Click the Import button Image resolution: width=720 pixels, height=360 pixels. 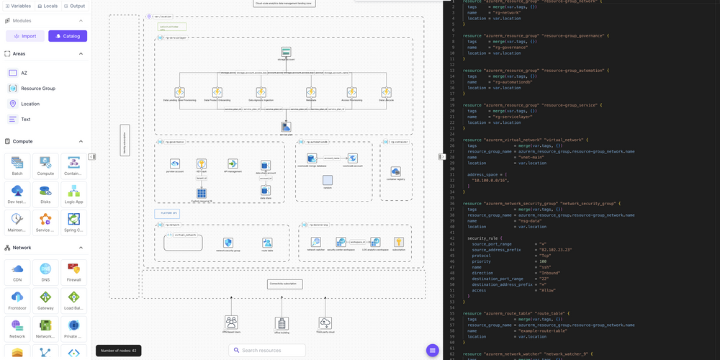tap(25, 36)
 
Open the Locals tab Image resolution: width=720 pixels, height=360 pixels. tap(48, 6)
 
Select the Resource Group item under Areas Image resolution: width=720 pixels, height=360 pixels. tap(37, 88)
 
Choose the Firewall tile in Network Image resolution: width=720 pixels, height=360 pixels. tap(73, 273)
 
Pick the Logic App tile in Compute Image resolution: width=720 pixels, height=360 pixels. tap(73, 194)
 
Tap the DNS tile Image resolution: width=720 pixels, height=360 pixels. tap(45, 273)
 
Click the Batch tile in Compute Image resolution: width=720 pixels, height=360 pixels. tap(17, 166)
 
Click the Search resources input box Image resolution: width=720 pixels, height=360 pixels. tap(267, 350)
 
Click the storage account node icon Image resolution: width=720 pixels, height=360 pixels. tap(286, 52)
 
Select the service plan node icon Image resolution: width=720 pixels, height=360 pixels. tap(286, 127)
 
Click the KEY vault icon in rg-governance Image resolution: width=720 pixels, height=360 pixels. tap(202, 164)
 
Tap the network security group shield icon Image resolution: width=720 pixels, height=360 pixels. tap(228, 243)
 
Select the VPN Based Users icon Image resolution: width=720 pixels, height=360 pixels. tap(231, 322)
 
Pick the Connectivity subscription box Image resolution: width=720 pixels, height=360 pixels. tap(284, 284)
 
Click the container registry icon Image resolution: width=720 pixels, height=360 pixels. tap(395, 171)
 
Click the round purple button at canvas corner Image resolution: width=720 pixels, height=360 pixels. tap(432, 350)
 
